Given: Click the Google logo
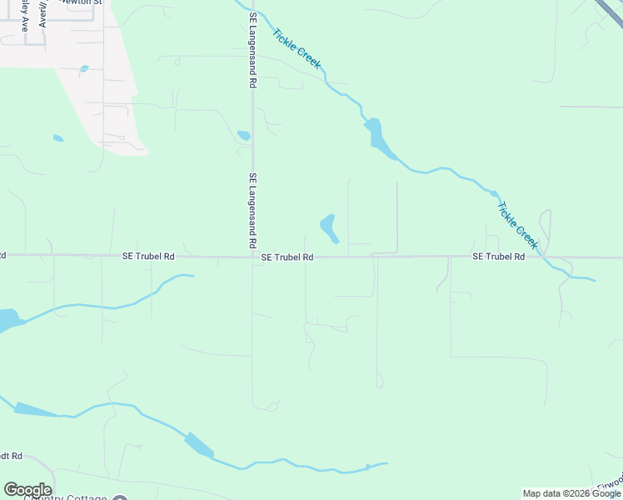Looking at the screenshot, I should point(27,490).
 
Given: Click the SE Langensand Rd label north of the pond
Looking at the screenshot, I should point(251,50).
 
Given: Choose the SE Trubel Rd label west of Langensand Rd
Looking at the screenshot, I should point(148,257).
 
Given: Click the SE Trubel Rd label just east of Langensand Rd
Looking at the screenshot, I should point(287,257).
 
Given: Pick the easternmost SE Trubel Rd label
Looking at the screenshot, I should point(498,257).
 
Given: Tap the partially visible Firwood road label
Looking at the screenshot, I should point(610,484).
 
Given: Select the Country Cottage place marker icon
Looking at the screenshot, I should point(120,497).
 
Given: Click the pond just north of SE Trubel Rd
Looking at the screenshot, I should point(329,228).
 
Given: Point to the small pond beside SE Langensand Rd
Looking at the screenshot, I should point(243,135).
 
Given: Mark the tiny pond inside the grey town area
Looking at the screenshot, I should point(83,68).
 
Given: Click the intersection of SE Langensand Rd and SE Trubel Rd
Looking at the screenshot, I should point(252,257).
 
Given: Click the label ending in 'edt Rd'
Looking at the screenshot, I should point(12,457).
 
